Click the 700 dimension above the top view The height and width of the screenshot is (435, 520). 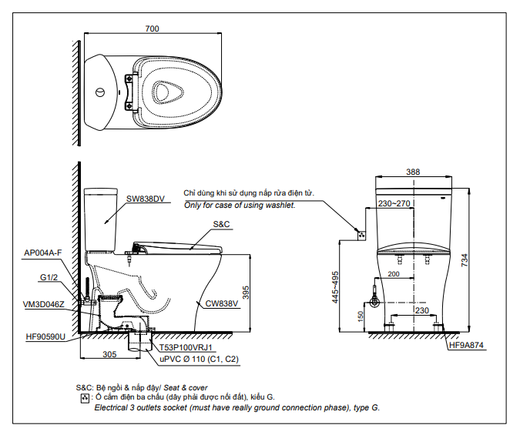(x=152, y=28)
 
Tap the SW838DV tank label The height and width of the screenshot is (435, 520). (x=146, y=199)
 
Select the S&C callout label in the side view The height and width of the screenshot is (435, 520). (x=220, y=223)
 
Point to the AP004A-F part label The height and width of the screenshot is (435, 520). (x=42, y=253)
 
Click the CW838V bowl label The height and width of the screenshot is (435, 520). (x=223, y=303)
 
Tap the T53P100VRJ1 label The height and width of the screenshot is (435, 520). (x=186, y=348)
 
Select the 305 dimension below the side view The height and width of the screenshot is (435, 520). (x=109, y=355)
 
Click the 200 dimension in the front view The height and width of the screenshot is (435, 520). (x=394, y=275)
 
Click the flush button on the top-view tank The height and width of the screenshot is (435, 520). (x=99, y=92)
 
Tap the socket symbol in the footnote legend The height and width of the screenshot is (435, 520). (x=84, y=398)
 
